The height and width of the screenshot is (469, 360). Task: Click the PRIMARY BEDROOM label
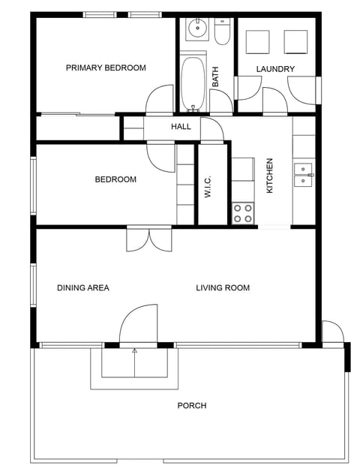pyautogui.click(x=106, y=68)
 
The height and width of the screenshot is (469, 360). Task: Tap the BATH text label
pyautogui.click(x=215, y=77)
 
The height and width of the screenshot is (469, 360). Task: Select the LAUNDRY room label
pyautogui.click(x=275, y=70)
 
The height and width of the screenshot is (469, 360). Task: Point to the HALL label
pyautogui.click(x=181, y=127)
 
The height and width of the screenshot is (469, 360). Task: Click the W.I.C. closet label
pyautogui.click(x=208, y=186)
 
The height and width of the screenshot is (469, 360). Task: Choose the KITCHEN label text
pyautogui.click(x=270, y=176)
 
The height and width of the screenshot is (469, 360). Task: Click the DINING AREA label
pyautogui.click(x=83, y=288)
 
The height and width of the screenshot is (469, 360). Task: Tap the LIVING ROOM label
pyautogui.click(x=223, y=288)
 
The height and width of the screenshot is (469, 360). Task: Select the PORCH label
pyautogui.click(x=191, y=406)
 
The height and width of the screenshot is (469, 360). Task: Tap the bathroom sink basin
pyautogui.click(x=196, y=30)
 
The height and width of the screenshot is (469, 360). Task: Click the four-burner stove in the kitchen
pyautogui.click(x=243, y=213)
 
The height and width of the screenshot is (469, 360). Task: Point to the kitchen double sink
pyautogui.click(x=303, y=175)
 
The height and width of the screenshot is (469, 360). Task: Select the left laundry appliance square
pyautogui.click(x=258, y=42)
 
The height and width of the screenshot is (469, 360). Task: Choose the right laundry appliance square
pyautogui.click(x=295, y=42)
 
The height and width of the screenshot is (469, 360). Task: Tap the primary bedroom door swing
pyautogui.click(x=161, y=100)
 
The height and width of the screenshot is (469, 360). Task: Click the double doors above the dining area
pyautogui.click(x=149, y=239)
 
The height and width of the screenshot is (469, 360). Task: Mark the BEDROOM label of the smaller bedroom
pyautogui.click(x=115, y=180)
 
